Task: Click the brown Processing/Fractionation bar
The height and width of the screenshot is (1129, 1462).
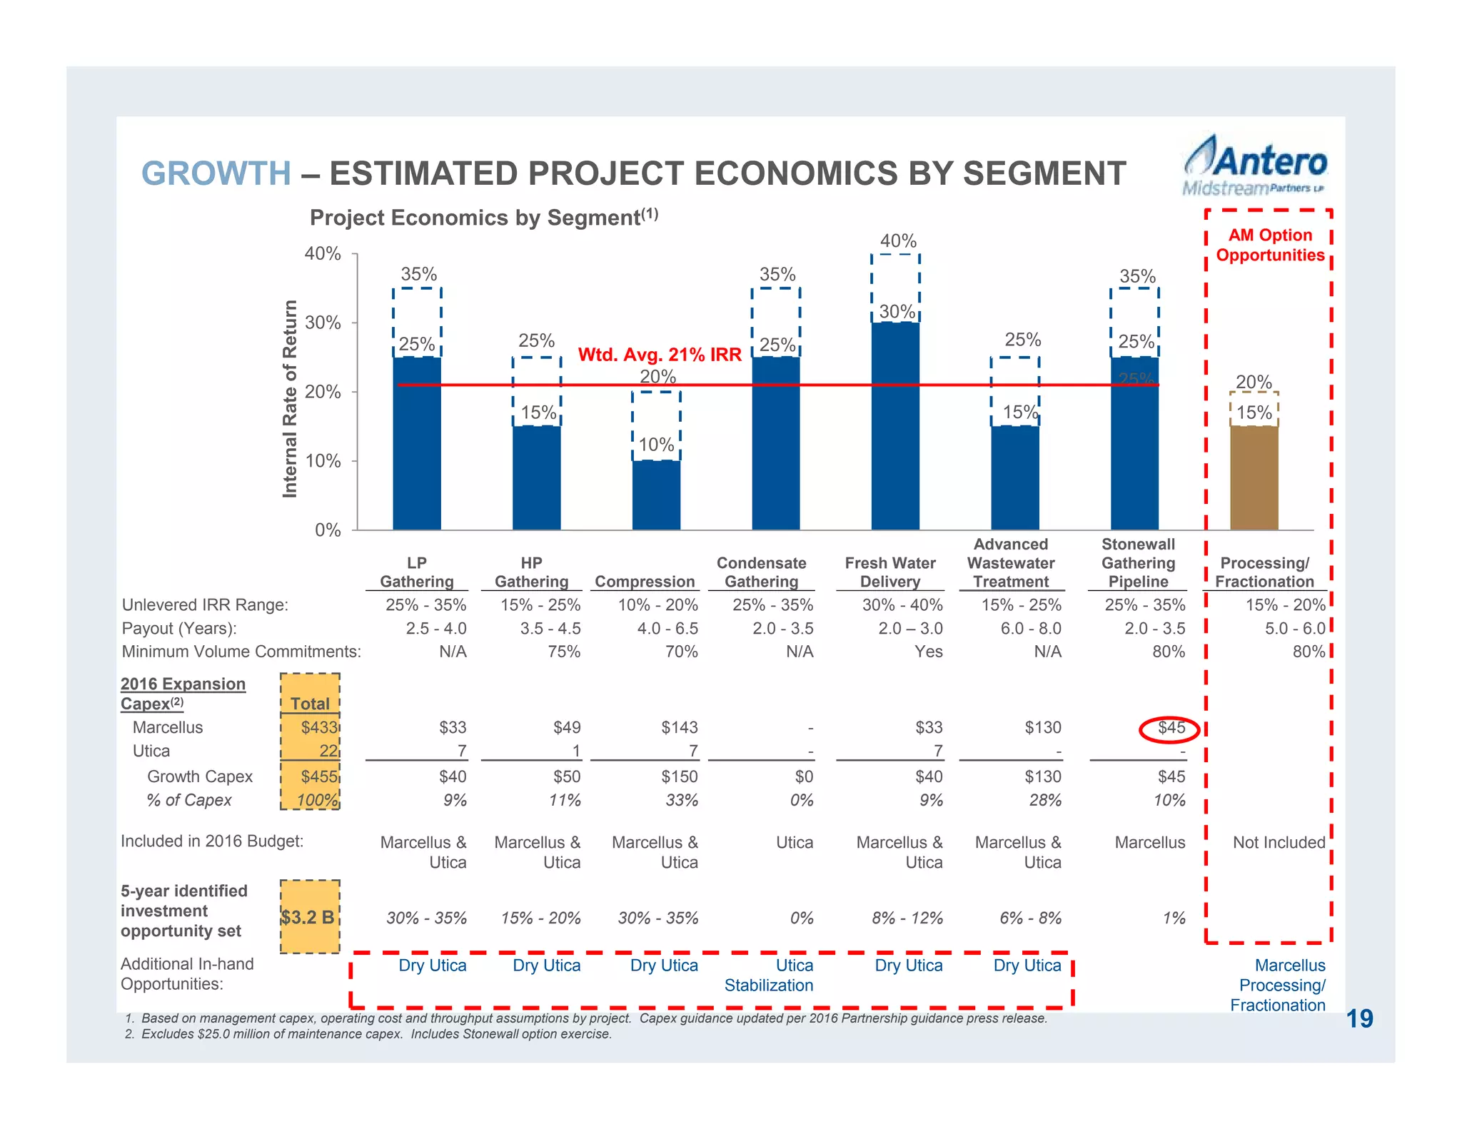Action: click(x=1254, y=477)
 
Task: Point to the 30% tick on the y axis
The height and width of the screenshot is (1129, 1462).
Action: click(x=323, y=323)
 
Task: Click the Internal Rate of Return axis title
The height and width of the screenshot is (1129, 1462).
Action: click(x=290, y=398)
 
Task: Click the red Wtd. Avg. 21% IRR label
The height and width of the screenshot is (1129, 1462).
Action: click(x=660, y=355)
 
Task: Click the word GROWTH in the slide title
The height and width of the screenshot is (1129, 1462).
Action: click(x=216, y=173)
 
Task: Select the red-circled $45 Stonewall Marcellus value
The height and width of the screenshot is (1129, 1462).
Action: click(x=1171, y=728)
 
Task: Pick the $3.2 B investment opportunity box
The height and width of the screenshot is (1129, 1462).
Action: click(x=309, y=917)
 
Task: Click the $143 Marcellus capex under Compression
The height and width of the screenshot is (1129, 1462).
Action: click(x=679, y=728)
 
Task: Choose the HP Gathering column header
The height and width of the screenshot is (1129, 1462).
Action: click(x=531, y=572)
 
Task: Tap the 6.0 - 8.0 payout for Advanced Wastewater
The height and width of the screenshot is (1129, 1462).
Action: click(x=1032, y=629)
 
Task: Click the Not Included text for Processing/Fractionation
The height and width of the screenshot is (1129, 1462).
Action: click(x=1279, y=843)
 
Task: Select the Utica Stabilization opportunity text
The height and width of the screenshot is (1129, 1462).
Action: click(x=769, y=976)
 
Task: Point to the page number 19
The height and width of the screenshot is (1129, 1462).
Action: click(x=1359, y=1019)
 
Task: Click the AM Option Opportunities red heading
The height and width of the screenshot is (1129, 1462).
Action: click(x=1270, y=245)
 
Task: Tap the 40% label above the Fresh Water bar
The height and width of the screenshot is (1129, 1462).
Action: click(x=898, y=241)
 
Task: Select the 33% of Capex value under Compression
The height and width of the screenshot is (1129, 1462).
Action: click(x=682, y=801)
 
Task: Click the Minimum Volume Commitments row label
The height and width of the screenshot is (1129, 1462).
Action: click(x=241, y=652)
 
